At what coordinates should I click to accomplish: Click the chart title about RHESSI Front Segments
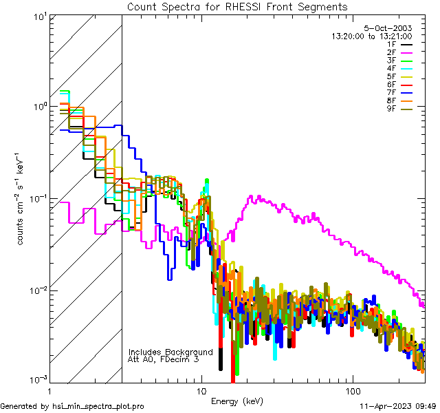coord(237,6)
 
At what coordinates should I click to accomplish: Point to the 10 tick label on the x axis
coord(201,390)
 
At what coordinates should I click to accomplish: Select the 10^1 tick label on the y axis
coord(38,17)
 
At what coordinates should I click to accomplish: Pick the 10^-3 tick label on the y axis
coord(38,379)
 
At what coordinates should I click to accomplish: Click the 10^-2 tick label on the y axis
coord(38,290)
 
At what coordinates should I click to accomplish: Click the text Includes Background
coord(170,352)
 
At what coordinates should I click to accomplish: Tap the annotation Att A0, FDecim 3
coord(164,359)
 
